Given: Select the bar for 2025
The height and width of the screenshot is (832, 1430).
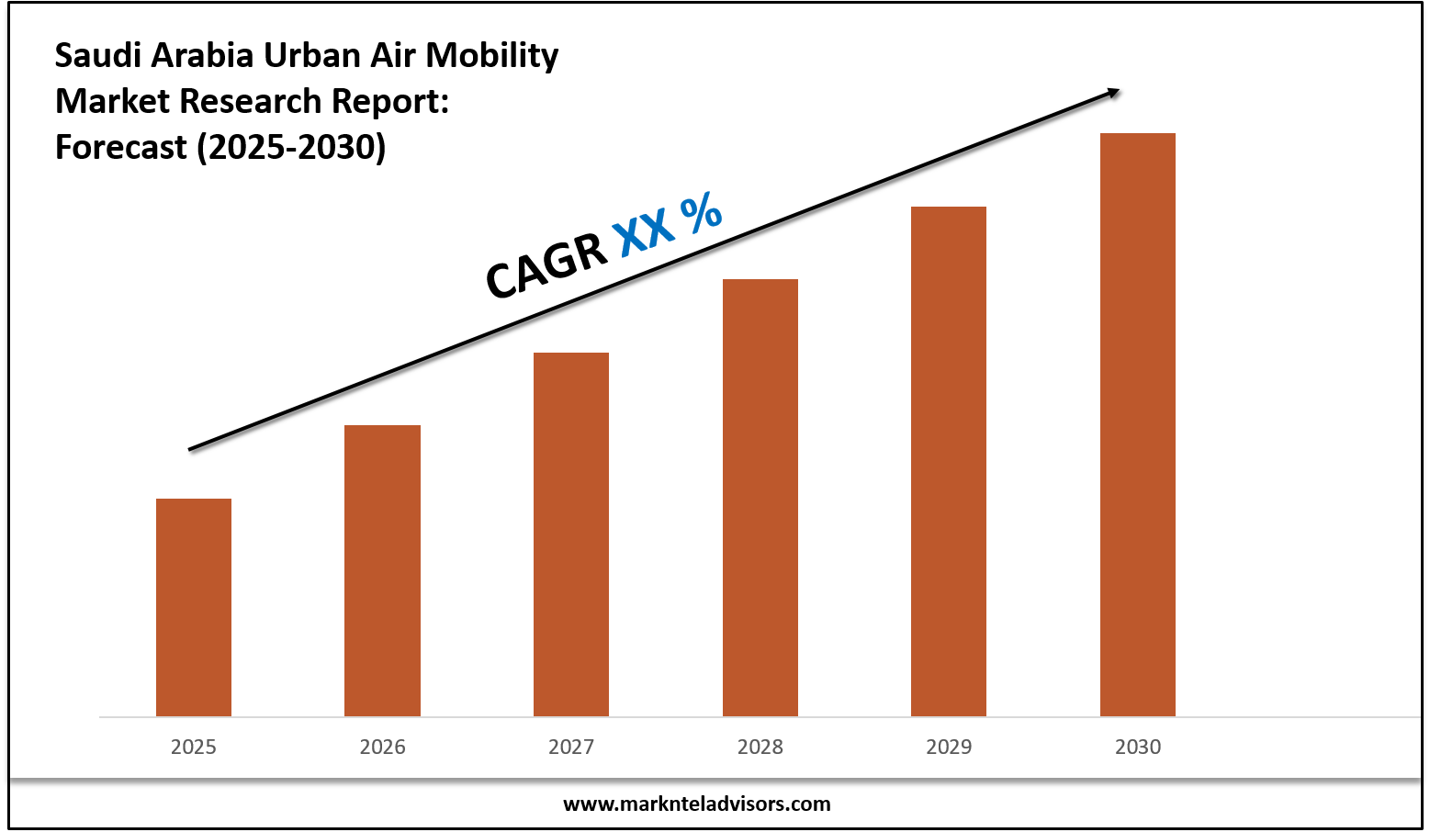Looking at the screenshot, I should [x=194, y=607].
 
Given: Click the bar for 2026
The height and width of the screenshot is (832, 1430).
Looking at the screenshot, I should [x=382, y=570].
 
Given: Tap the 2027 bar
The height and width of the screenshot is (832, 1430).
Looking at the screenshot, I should [x=571, y=534].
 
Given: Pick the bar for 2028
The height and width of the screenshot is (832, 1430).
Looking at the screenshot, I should [x=760, y=497].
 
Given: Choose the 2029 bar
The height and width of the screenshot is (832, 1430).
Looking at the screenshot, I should [x=949, y=461].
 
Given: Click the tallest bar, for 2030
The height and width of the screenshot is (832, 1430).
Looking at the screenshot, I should [x=1138, y=424].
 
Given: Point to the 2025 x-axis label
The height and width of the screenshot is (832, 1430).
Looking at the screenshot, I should [x=194, y=747].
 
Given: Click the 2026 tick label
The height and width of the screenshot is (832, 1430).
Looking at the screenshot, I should [x=382, y=747].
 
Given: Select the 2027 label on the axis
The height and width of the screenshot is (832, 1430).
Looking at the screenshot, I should [x=571, y=747].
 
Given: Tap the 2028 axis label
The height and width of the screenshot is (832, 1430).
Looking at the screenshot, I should [x=760, y=747].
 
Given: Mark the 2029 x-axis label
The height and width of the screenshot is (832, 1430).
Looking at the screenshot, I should [x=949, y=747].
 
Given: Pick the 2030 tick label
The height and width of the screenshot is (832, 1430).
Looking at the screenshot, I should [x=1138, y=747].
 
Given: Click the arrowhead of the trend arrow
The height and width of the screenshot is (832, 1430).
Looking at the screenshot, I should [x=1113, y=91].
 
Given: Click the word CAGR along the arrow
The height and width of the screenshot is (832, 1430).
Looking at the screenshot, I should [x=546, y=265].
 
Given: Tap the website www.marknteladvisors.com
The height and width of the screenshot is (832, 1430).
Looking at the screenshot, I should [x=696, y=804].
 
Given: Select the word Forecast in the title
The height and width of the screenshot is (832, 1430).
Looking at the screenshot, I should [x=121, y=147].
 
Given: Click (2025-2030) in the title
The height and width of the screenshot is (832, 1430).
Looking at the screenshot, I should [x=291, y=147].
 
